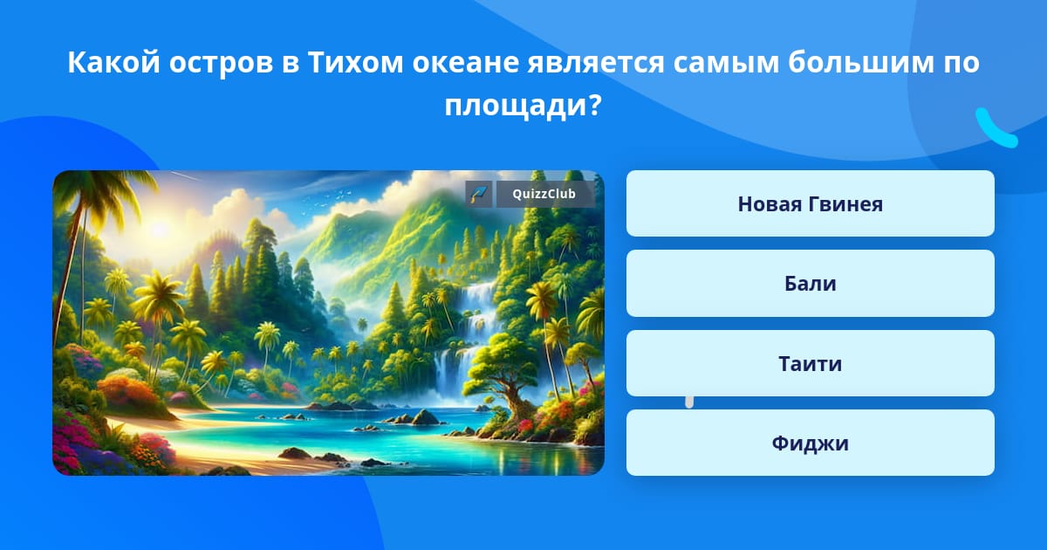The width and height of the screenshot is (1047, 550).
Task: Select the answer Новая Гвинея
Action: tap(810, 203)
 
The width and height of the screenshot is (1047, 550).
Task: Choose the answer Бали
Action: tap(810, 284)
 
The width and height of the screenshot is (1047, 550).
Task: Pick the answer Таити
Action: tap(810, 363)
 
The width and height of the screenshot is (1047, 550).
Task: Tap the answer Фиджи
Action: tap(810, 443)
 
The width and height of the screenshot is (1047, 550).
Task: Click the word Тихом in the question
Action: tap(355, 62)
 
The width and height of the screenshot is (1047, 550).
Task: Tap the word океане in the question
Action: tap(466, 63)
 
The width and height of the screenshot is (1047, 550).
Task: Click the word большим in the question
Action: tap(861, 62)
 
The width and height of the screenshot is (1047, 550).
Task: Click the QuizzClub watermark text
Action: tap(544, 194)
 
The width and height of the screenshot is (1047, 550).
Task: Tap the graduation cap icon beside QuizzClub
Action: tap(479, 194)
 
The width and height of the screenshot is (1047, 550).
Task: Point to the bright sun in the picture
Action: tap(159, 229)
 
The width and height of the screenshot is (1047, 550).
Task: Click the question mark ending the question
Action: tap(594, 106)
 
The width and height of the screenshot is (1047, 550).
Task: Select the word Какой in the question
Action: tap(114, 62)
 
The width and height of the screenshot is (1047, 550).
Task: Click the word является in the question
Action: tap(596, 63)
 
